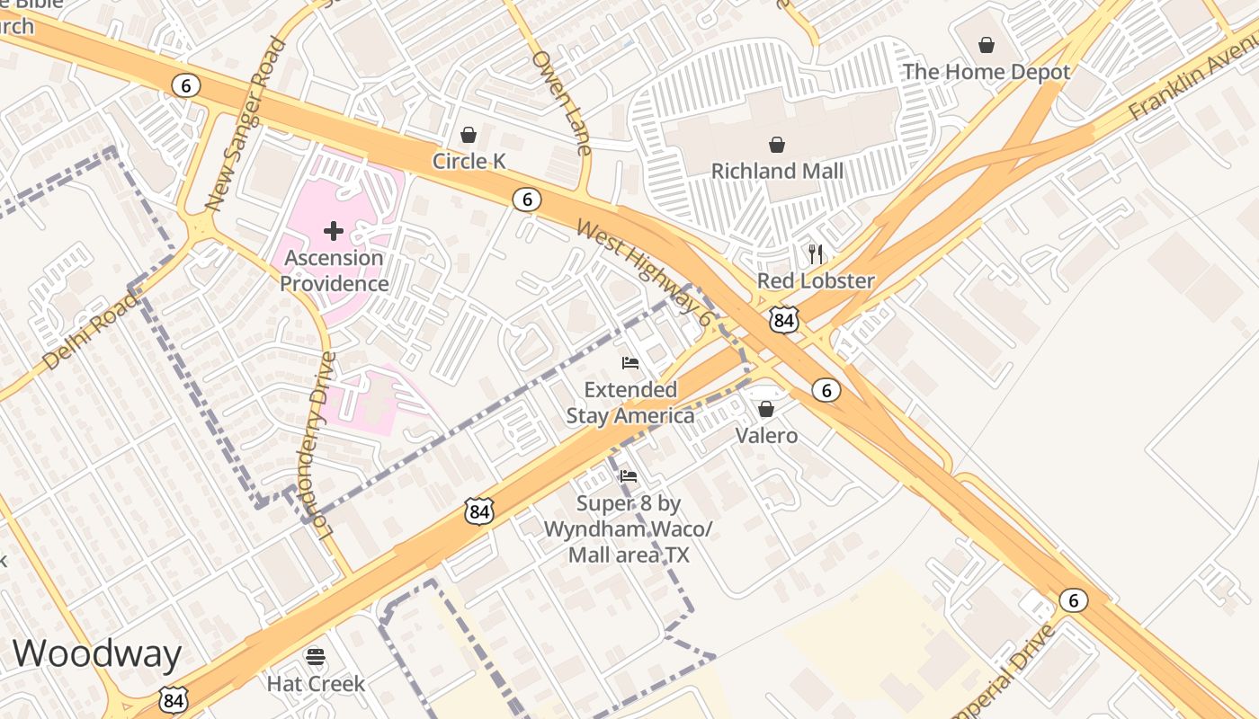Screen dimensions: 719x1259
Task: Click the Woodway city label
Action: click(97, 653)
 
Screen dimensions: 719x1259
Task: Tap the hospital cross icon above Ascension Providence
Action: click(334, 231)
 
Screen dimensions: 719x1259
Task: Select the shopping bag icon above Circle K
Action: click(469, 135)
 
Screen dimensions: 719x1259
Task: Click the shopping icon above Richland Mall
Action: click(777, 144)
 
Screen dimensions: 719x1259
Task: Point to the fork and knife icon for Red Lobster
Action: click(816, 253)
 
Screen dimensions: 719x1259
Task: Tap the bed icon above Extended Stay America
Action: click(630, 363)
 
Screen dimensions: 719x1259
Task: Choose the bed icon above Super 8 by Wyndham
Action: click(629, 476)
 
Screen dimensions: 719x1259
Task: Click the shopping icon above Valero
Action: click(766, 410)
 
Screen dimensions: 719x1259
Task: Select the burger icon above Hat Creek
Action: click(316, 656)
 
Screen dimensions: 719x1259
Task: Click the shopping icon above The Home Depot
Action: click(987, 45)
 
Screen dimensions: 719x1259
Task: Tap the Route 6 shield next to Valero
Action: click(826, 389)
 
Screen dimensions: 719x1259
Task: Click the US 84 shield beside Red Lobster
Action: click(783, 319)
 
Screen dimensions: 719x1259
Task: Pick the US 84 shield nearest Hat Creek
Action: click(174, 700)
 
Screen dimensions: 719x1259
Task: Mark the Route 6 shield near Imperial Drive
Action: click(1072, 600)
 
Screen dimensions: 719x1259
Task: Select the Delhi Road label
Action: click(90, 329)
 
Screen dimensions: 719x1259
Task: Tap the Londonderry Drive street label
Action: click(321, 445)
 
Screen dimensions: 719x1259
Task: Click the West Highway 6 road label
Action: click(644, 272)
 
